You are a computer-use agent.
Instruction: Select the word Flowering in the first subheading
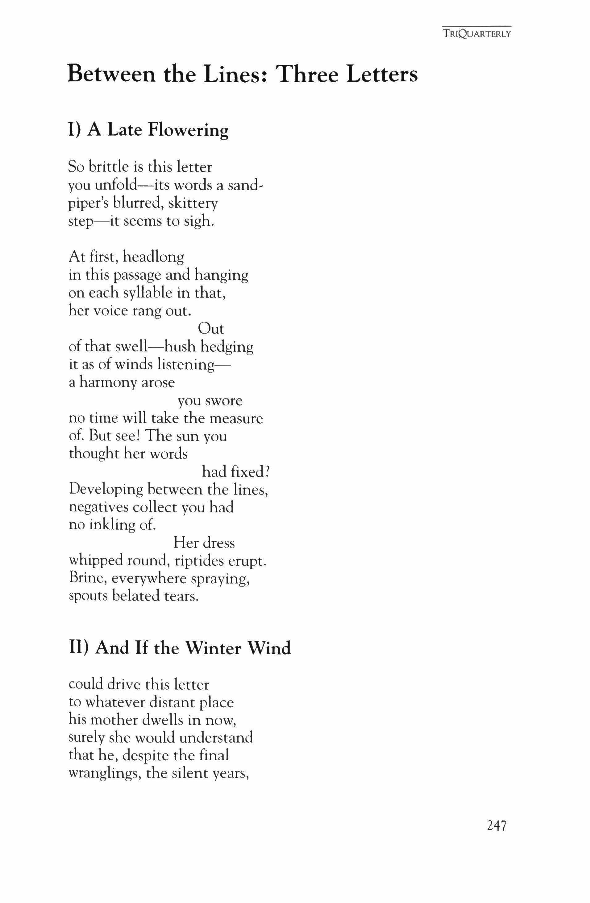[x=188, y=130]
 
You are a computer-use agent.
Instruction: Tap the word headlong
[x=153, y=257]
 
